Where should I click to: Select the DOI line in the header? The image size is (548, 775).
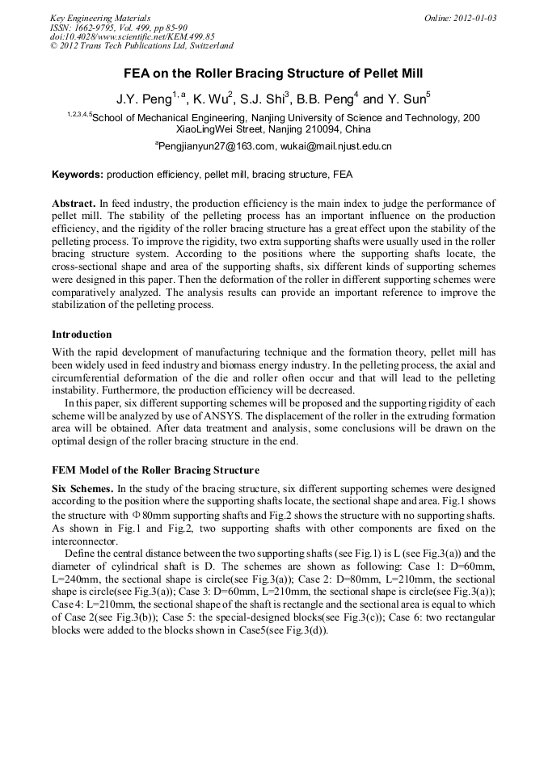[x=133, y=37]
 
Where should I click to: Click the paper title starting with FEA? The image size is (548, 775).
[x=273, y=74]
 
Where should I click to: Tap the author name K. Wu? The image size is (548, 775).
[x=213, y=100]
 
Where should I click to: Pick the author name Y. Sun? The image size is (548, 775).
[x=410, y=100]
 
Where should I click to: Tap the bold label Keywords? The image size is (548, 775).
[x=78, y=175]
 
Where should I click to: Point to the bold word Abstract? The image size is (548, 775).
[x=74, y=203]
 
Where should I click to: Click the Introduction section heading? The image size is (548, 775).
[x=82, y=334]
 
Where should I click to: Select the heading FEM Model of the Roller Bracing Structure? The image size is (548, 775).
[x=155, y=470]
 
